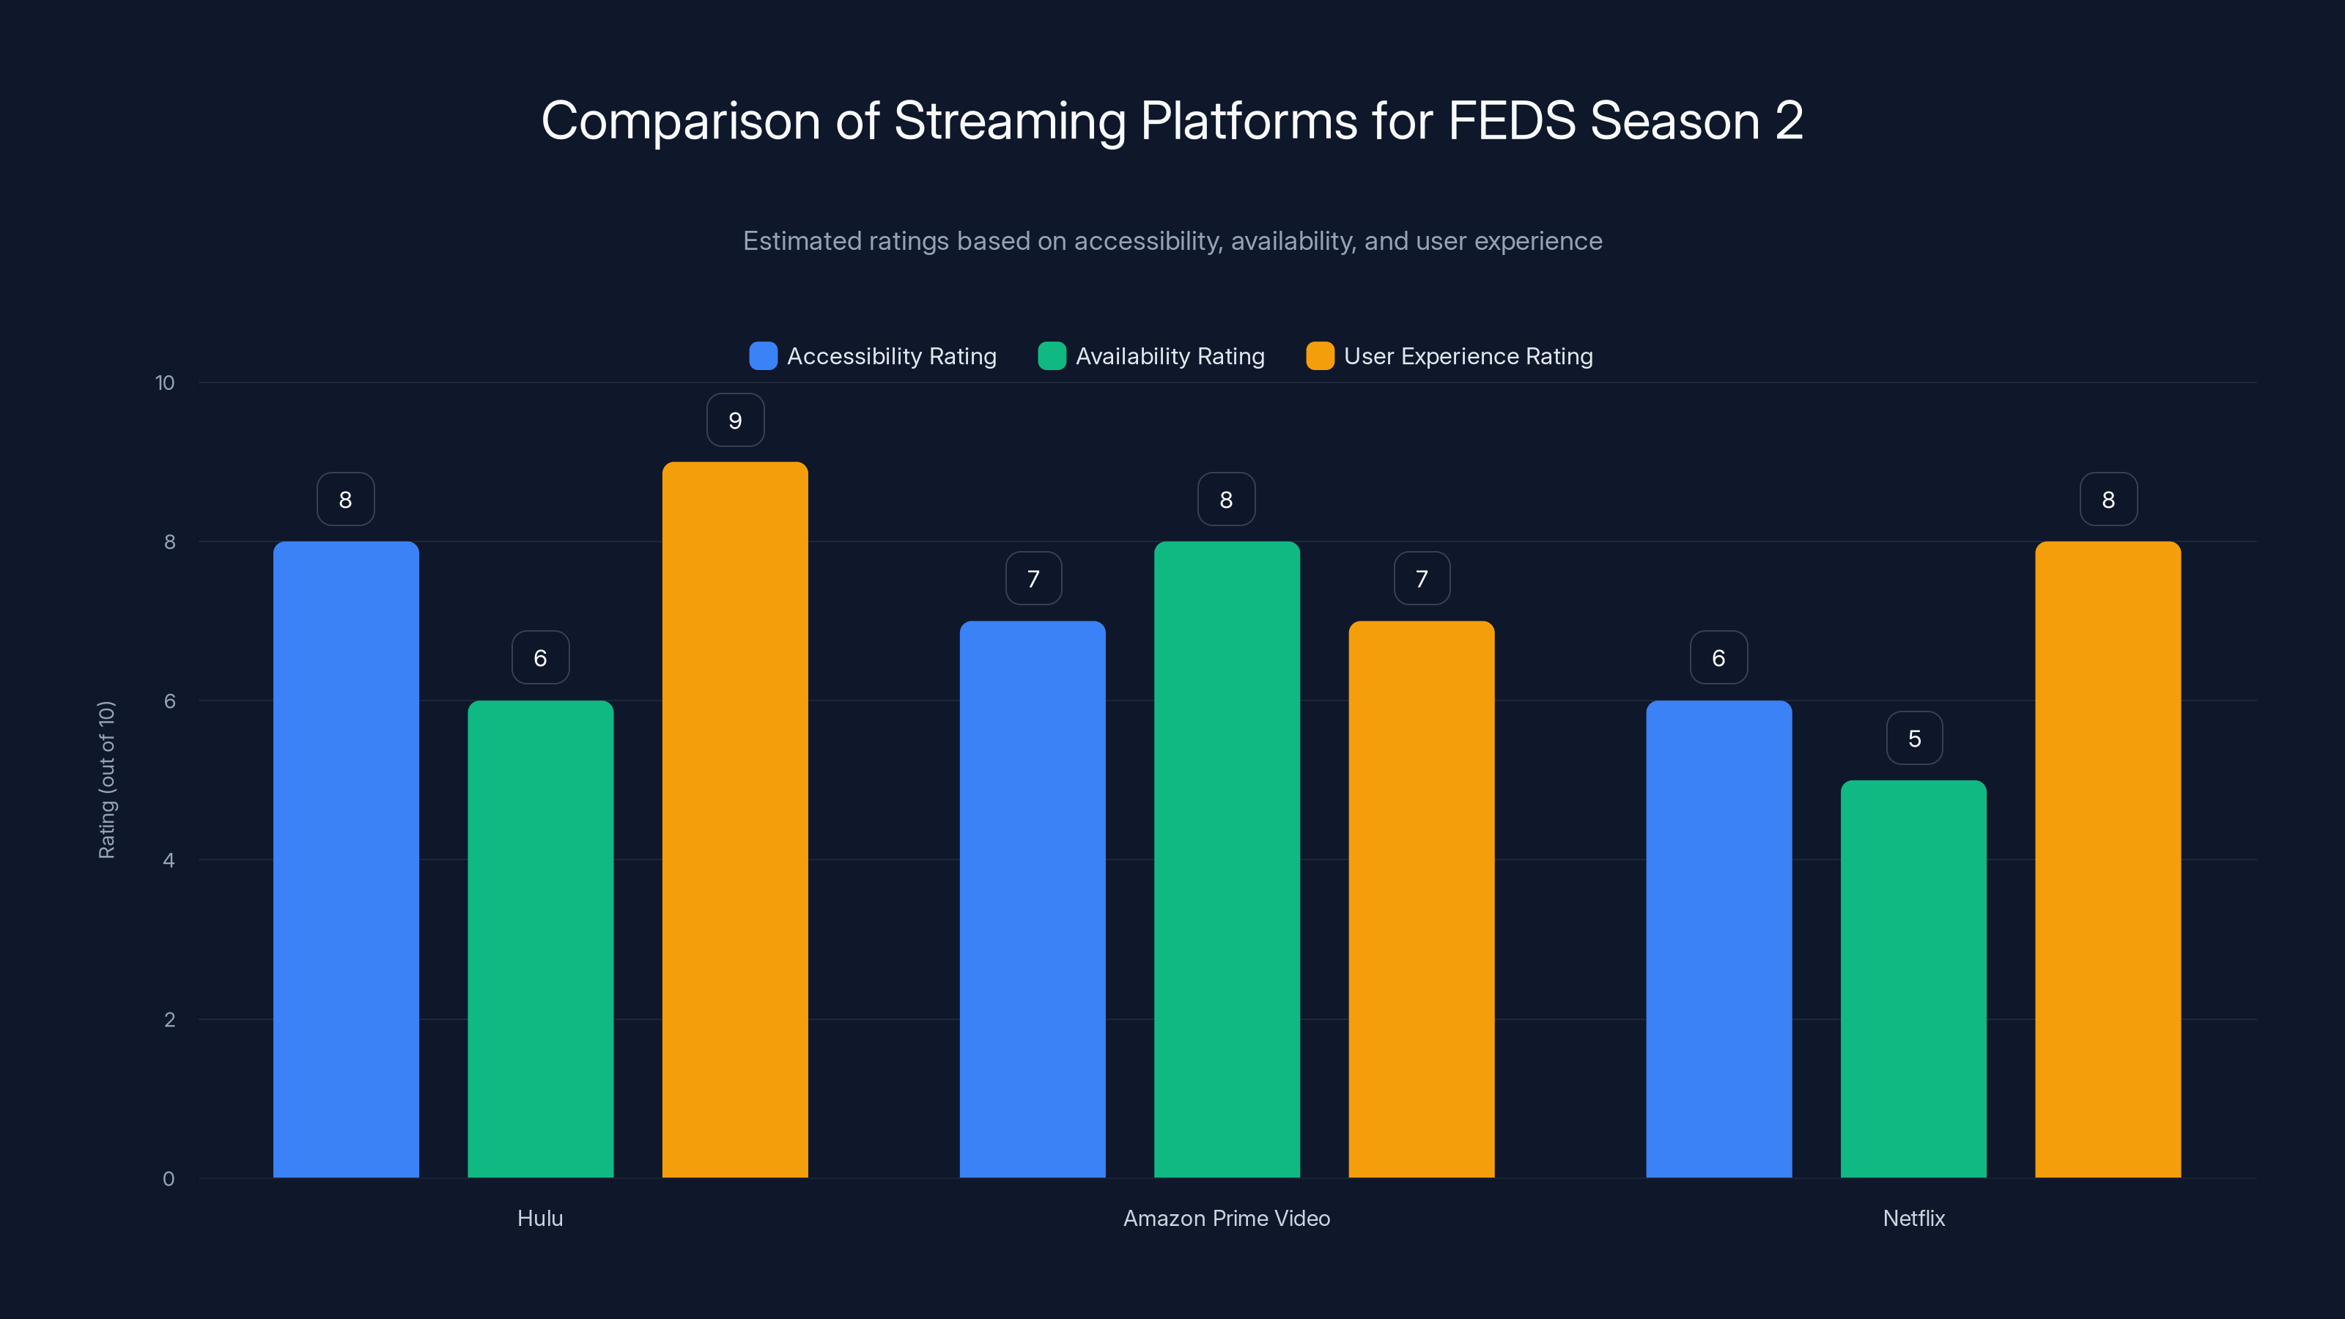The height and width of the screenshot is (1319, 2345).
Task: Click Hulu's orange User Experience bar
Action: pos(734,819)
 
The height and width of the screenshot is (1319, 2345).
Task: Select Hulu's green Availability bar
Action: pos(540,938)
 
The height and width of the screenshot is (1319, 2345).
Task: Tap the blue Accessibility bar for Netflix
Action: pos(1718,938)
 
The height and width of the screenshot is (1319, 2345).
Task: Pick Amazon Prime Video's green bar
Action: pos(1226,860)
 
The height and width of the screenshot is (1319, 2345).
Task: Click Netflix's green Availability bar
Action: pos(1913,978)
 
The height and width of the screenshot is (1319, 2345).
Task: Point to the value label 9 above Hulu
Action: pos(734,421)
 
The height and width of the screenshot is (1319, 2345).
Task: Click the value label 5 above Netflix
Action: pos(1914,738)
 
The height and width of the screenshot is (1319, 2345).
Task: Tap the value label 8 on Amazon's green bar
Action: pos(1226,500)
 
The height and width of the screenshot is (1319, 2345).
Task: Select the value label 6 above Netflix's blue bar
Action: pos(1718,658)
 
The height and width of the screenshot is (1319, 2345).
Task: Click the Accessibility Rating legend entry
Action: pos(890,356)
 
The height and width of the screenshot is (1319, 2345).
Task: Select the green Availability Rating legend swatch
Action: pos(1052,356)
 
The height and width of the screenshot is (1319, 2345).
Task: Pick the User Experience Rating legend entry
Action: pos(1467,356)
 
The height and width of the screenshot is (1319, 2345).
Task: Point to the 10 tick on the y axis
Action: pos(165,383)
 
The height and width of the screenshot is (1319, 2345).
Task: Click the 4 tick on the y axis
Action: pos(169,860)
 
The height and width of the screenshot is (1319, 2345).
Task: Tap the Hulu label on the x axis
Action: pos(540,1218)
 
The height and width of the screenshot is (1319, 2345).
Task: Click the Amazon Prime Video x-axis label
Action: pos(1226,1218)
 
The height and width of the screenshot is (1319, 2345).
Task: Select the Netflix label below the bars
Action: pos(1913,1218)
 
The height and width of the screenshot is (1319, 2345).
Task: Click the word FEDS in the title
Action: pos(1511,121)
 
